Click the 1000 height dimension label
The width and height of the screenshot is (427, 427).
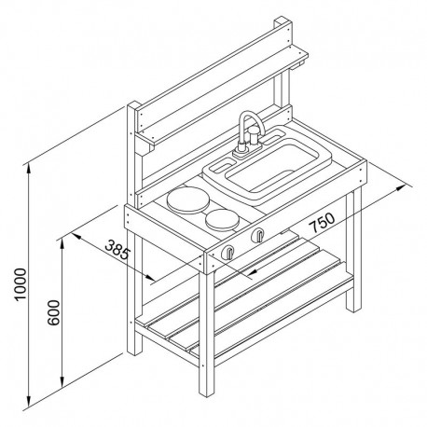[21, 284]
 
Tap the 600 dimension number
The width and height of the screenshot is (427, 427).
[53, 312]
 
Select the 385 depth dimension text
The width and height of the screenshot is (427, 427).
[117, 250]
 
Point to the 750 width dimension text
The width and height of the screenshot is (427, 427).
[324, 222]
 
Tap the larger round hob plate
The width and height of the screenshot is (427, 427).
[187, 200]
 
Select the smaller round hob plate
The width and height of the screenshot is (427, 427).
[222, 220]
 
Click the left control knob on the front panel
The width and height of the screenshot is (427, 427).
[228, 252]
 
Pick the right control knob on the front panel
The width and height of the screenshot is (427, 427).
[258, 235]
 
